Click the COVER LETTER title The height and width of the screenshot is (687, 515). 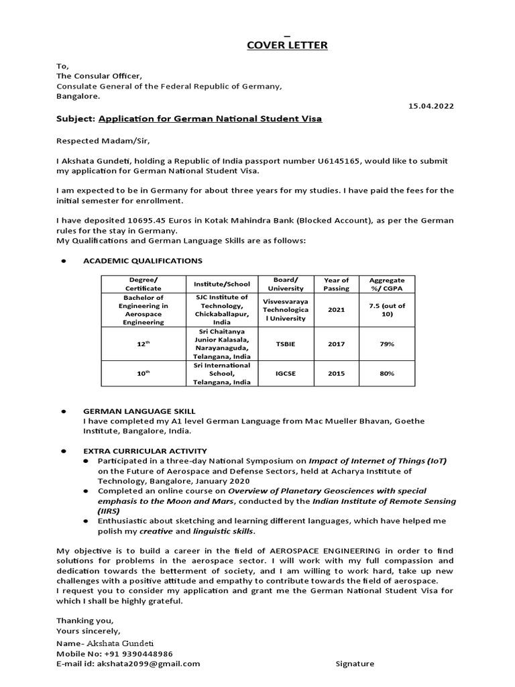[x=278, y=45]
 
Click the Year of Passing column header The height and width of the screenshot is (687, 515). [x=336, y=284]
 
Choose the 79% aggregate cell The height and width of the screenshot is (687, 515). [x=387, y=344]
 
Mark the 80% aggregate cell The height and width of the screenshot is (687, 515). [x=387, y=373]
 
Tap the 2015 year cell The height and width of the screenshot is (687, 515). [x=336, y=373]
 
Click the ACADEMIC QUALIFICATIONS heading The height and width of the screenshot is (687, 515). [x=142, y=260]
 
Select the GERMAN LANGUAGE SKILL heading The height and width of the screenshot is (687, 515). [x=139, y=411]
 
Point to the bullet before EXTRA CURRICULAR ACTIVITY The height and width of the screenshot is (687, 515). [x=63, y=451]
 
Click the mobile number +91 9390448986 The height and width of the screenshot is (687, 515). [x=139, y=653]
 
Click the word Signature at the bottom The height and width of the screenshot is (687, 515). [x=355, y=664]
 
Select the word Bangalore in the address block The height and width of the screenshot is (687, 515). [x=77, y=96]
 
